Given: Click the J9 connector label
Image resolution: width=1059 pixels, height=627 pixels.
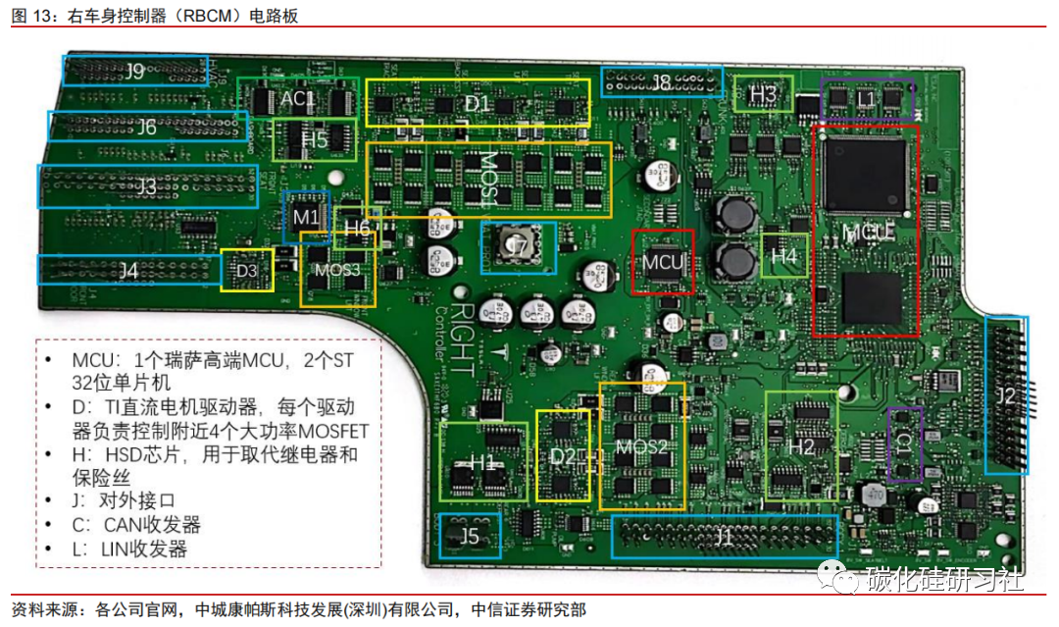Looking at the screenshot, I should [134, 71].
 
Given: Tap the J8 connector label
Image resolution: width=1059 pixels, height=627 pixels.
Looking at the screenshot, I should [661, 81].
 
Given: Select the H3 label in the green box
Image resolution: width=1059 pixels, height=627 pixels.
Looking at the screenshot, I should [763, 94].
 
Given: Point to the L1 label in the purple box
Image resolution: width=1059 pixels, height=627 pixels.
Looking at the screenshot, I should [865, 99].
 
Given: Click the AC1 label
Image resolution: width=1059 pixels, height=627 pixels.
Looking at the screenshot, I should [297, 99].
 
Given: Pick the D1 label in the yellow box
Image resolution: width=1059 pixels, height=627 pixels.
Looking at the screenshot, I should [477, 103].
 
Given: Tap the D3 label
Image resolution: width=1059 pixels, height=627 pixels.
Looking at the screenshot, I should [247, 270].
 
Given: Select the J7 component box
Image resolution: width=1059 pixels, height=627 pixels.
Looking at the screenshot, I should [518, 247].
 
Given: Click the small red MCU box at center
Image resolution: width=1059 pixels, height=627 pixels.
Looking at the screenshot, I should [662, 262].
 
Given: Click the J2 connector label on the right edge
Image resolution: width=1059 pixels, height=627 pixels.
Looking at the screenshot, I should [1006, 396].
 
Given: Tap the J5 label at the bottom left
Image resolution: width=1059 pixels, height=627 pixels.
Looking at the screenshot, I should [470, 536].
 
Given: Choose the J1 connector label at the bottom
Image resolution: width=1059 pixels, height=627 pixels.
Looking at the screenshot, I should [724, 537].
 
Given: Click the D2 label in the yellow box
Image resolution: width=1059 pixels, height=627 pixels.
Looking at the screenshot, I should [562, 455].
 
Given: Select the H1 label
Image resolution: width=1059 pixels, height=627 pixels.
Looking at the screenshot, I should [482, 461].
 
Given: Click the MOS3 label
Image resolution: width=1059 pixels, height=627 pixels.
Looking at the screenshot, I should [337, 269].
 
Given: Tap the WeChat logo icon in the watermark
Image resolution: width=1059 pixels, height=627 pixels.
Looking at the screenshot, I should [835, 578].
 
